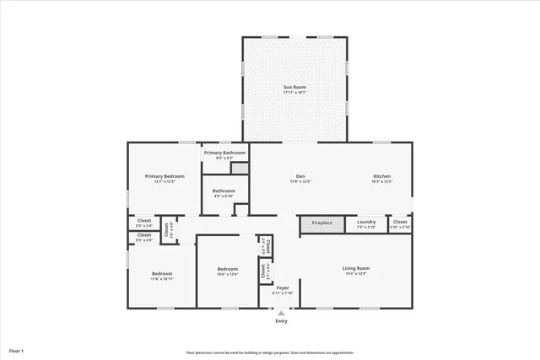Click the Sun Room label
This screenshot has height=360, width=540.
tap(294, 87)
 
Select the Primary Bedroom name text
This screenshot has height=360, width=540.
tap(165, 176)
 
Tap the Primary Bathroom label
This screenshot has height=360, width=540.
tap(224, 153)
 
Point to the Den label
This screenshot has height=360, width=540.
tap(300, 176)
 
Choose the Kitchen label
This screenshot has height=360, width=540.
tap(382, 176)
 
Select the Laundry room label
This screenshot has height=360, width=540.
tap(366, 223)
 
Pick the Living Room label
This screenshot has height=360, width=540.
tap(355, 269)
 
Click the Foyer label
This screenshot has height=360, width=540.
tap(283, 288)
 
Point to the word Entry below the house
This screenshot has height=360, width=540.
tap(281, 321)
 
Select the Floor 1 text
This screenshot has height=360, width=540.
tap(17, 350)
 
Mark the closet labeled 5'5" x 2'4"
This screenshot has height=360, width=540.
tap(144, 223)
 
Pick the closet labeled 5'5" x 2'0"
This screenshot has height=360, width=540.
tap(144, 237)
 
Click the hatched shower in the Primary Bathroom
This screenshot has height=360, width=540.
tap(240, 169)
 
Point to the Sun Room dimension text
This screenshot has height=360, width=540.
tap(294, 93)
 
